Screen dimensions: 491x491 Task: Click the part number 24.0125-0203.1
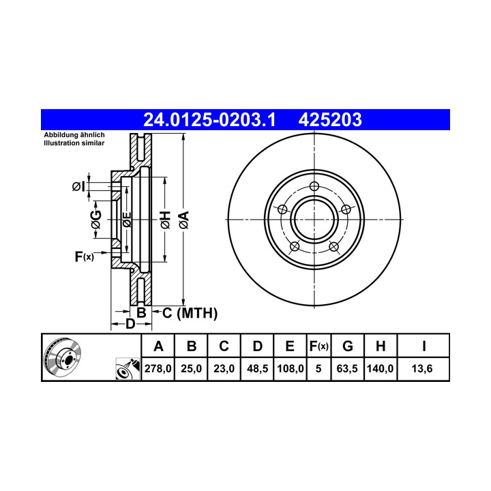[209, 120]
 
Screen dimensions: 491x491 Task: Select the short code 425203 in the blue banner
[330, 120]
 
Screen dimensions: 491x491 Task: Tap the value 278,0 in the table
[158, 368]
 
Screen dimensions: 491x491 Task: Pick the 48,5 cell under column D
[257, 368]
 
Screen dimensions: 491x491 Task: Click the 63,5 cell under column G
[347, 368]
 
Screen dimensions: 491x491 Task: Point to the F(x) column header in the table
[318, 346]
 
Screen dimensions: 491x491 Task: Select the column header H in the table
[381, 346]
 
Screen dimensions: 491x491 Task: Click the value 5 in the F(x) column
[318, 368]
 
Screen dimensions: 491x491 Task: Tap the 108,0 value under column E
[291, 368]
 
